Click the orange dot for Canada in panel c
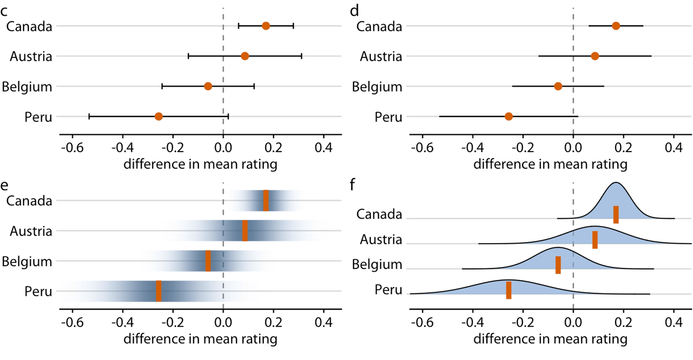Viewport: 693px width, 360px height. pyautogui.click(x=266, y=26)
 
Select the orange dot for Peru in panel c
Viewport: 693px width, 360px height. pyautogui.click(x=158, y=116)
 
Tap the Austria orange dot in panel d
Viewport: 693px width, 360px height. pyautogui.click(x=595, y=56)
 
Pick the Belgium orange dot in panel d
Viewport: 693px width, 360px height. pyautogui.click(x=558, y=86)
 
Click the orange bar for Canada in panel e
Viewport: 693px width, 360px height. pyautogui.click(x=266, y=201)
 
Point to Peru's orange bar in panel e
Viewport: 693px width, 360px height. pyautogui.click(x=158, y=291)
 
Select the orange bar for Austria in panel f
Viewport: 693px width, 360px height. pyautogui.click(x=595, y=240)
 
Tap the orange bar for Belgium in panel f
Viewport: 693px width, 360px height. pyautogui.click(x=558, y=265)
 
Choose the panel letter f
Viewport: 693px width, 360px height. pyautogui.click(x=353, y=185)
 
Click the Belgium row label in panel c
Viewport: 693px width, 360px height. pyautogui.click(x=27, y=86)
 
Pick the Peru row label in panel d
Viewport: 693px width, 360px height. pyautogui.click(x=389, y=116)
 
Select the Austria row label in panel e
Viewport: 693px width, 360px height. pyautogui.click(x=31, y=231)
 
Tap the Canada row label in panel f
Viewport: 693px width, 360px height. pyautogui.click(x=379, y=215)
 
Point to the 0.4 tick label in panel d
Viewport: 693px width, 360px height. pyautogui.click(x=673, y=150)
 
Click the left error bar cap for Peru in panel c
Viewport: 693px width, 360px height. pyautogui.click(x=89, y=116)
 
